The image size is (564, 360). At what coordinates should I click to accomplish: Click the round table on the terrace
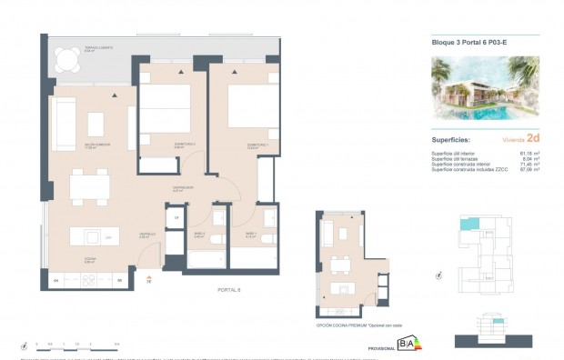(x=65, y=62)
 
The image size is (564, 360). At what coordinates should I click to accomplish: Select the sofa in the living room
(x=63, y=124)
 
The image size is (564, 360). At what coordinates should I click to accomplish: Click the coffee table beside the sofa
(x=95, y=123)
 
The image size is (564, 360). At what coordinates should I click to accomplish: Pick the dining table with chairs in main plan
(x=89, y=188)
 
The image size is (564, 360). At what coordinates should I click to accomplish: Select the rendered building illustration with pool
(x=484, y=89)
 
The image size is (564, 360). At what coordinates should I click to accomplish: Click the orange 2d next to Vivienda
(x=534, y=139)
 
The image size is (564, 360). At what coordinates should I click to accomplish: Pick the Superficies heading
(x=451, y=140)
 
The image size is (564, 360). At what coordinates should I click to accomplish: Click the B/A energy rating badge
(x=406, y=344)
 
